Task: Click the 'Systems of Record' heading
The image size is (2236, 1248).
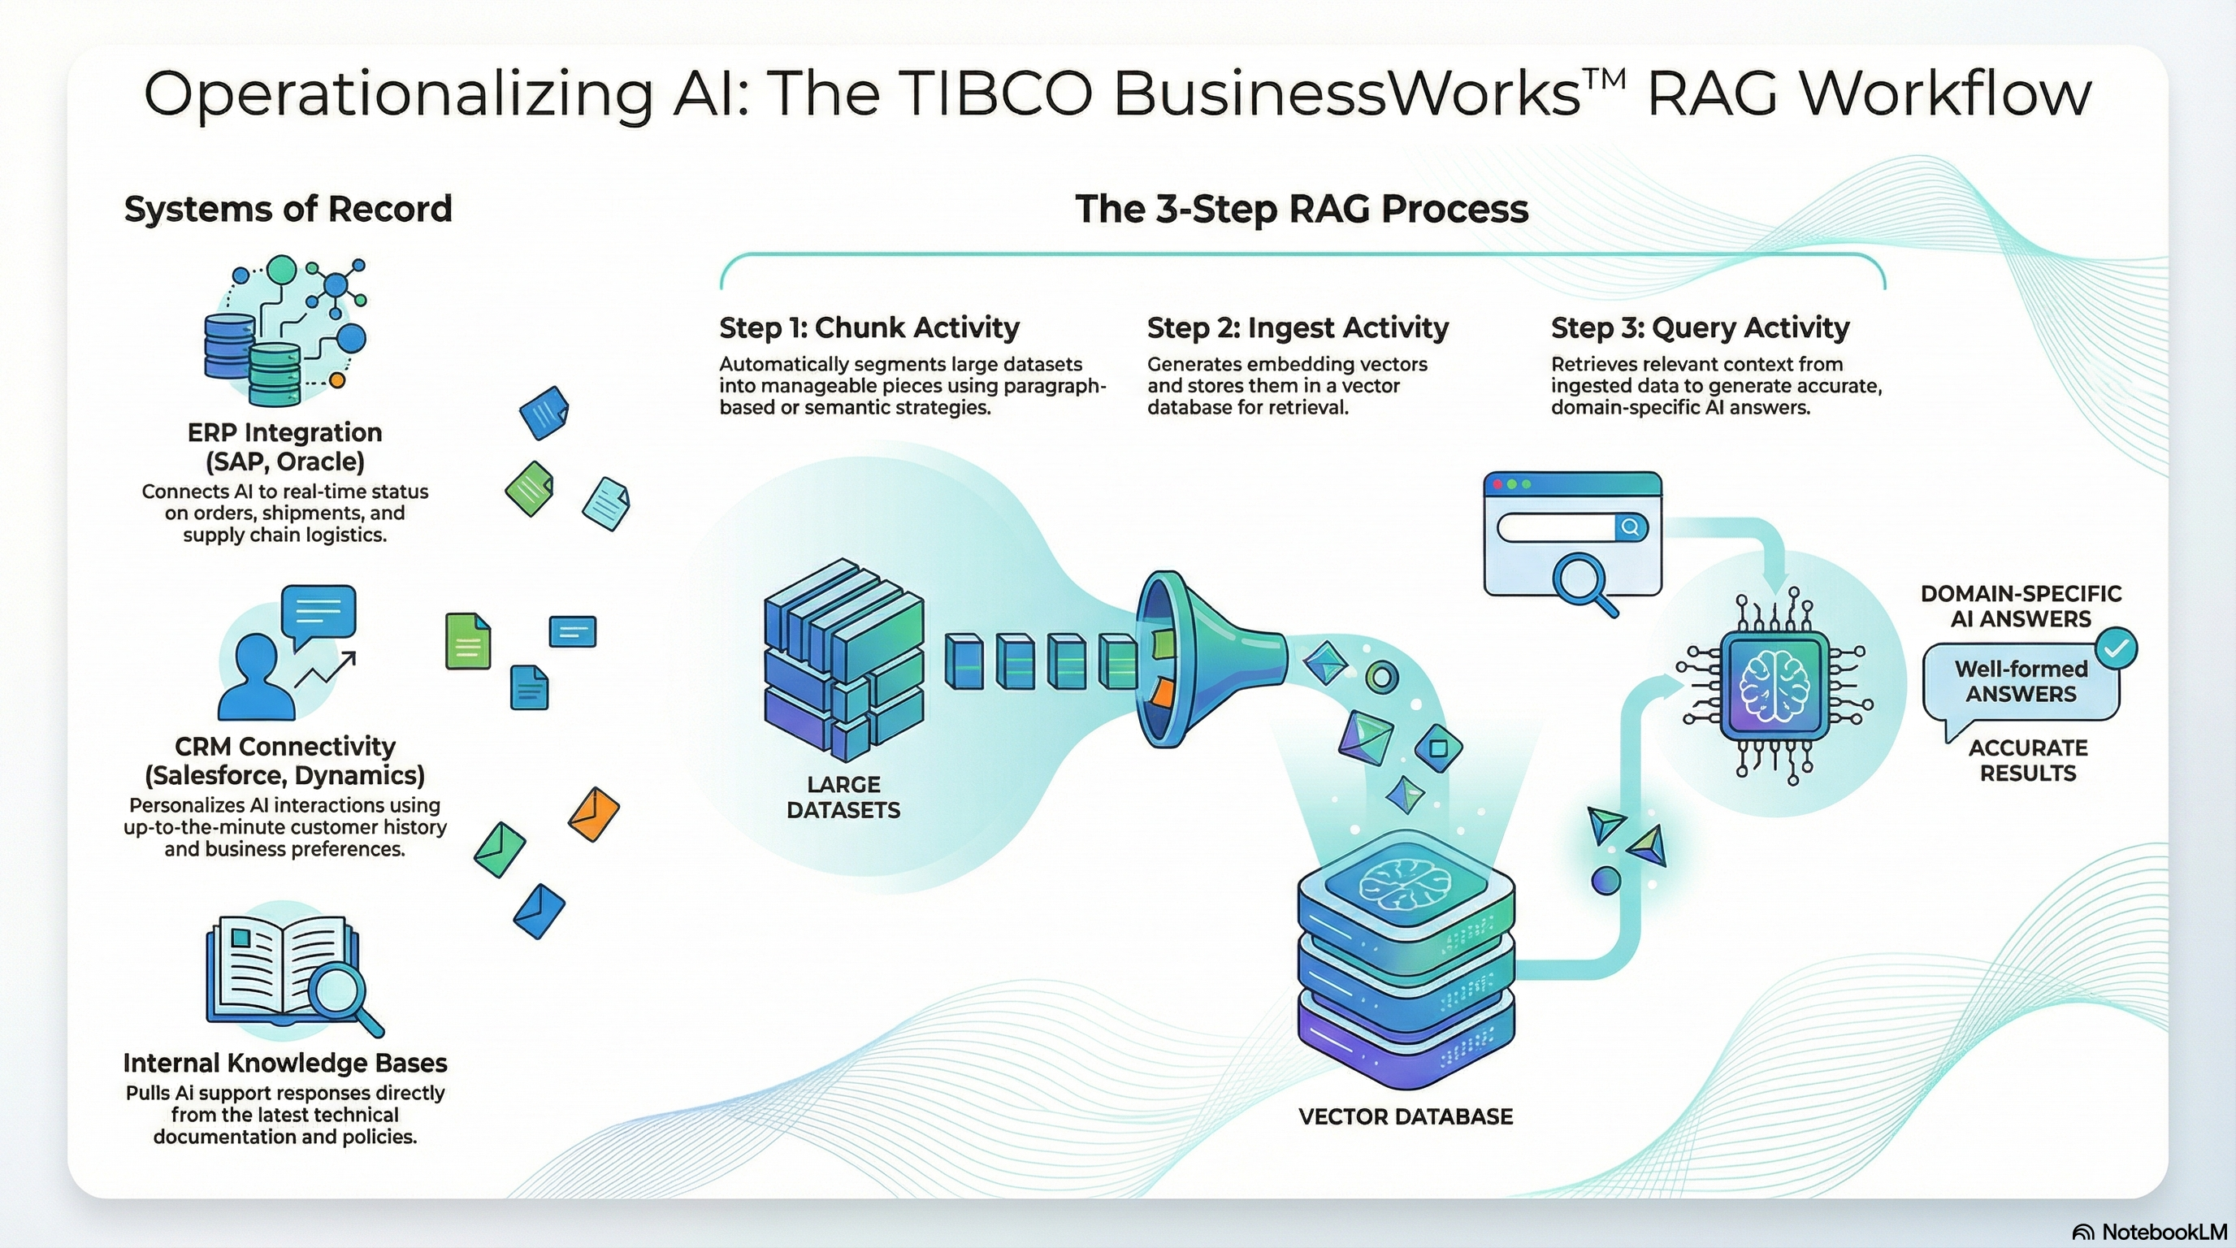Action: (x=288, y=209)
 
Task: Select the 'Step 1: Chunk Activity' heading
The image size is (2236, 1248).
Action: (x=869, y=327)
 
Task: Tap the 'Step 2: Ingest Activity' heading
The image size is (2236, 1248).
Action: (x=1298, y=327)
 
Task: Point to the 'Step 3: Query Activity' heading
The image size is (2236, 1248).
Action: (x=1700, y=327)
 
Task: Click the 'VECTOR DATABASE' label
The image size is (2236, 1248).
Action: (x=1406, y=1116)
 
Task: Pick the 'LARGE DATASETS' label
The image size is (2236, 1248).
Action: (x=843, y=797)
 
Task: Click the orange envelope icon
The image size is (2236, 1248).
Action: (x=594, y=813)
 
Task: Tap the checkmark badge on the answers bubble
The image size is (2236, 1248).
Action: (x=2116, y=648)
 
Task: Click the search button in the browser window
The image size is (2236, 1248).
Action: (x=1630, y=526)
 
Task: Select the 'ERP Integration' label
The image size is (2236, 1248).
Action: (x=284, y=432)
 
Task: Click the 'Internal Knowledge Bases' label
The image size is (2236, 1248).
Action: (x=284, y=1062)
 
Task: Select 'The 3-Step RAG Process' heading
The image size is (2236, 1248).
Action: (x=1301, y=209)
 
